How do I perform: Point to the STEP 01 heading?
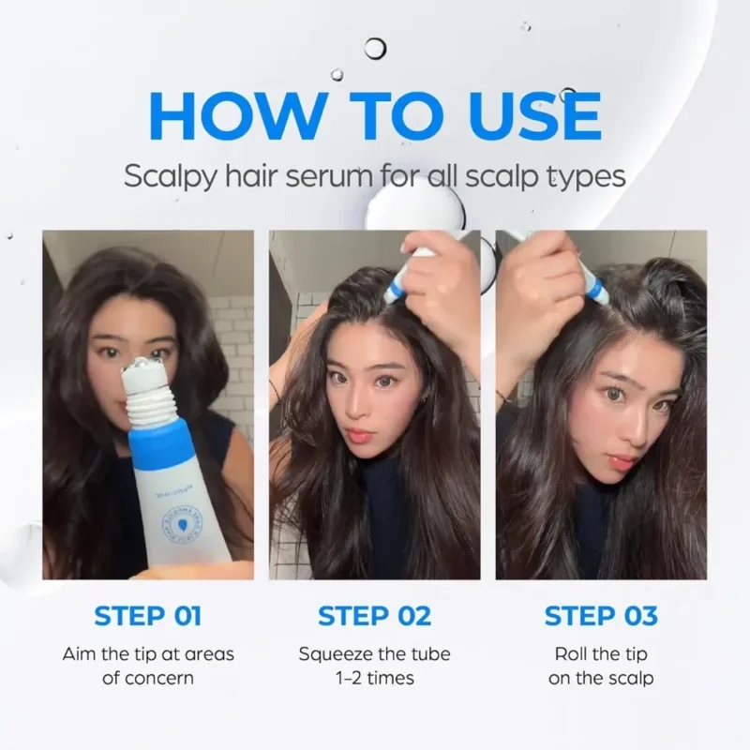(x=148, y=616)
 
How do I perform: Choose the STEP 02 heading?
(x=374, y=616)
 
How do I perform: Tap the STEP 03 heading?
(x=601, y=616)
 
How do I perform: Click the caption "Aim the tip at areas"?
(x=148, y=653)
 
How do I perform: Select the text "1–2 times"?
(x=374, y=677)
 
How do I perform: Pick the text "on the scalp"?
(x=601, y=677)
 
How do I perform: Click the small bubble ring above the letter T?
(x=376, y=48)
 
